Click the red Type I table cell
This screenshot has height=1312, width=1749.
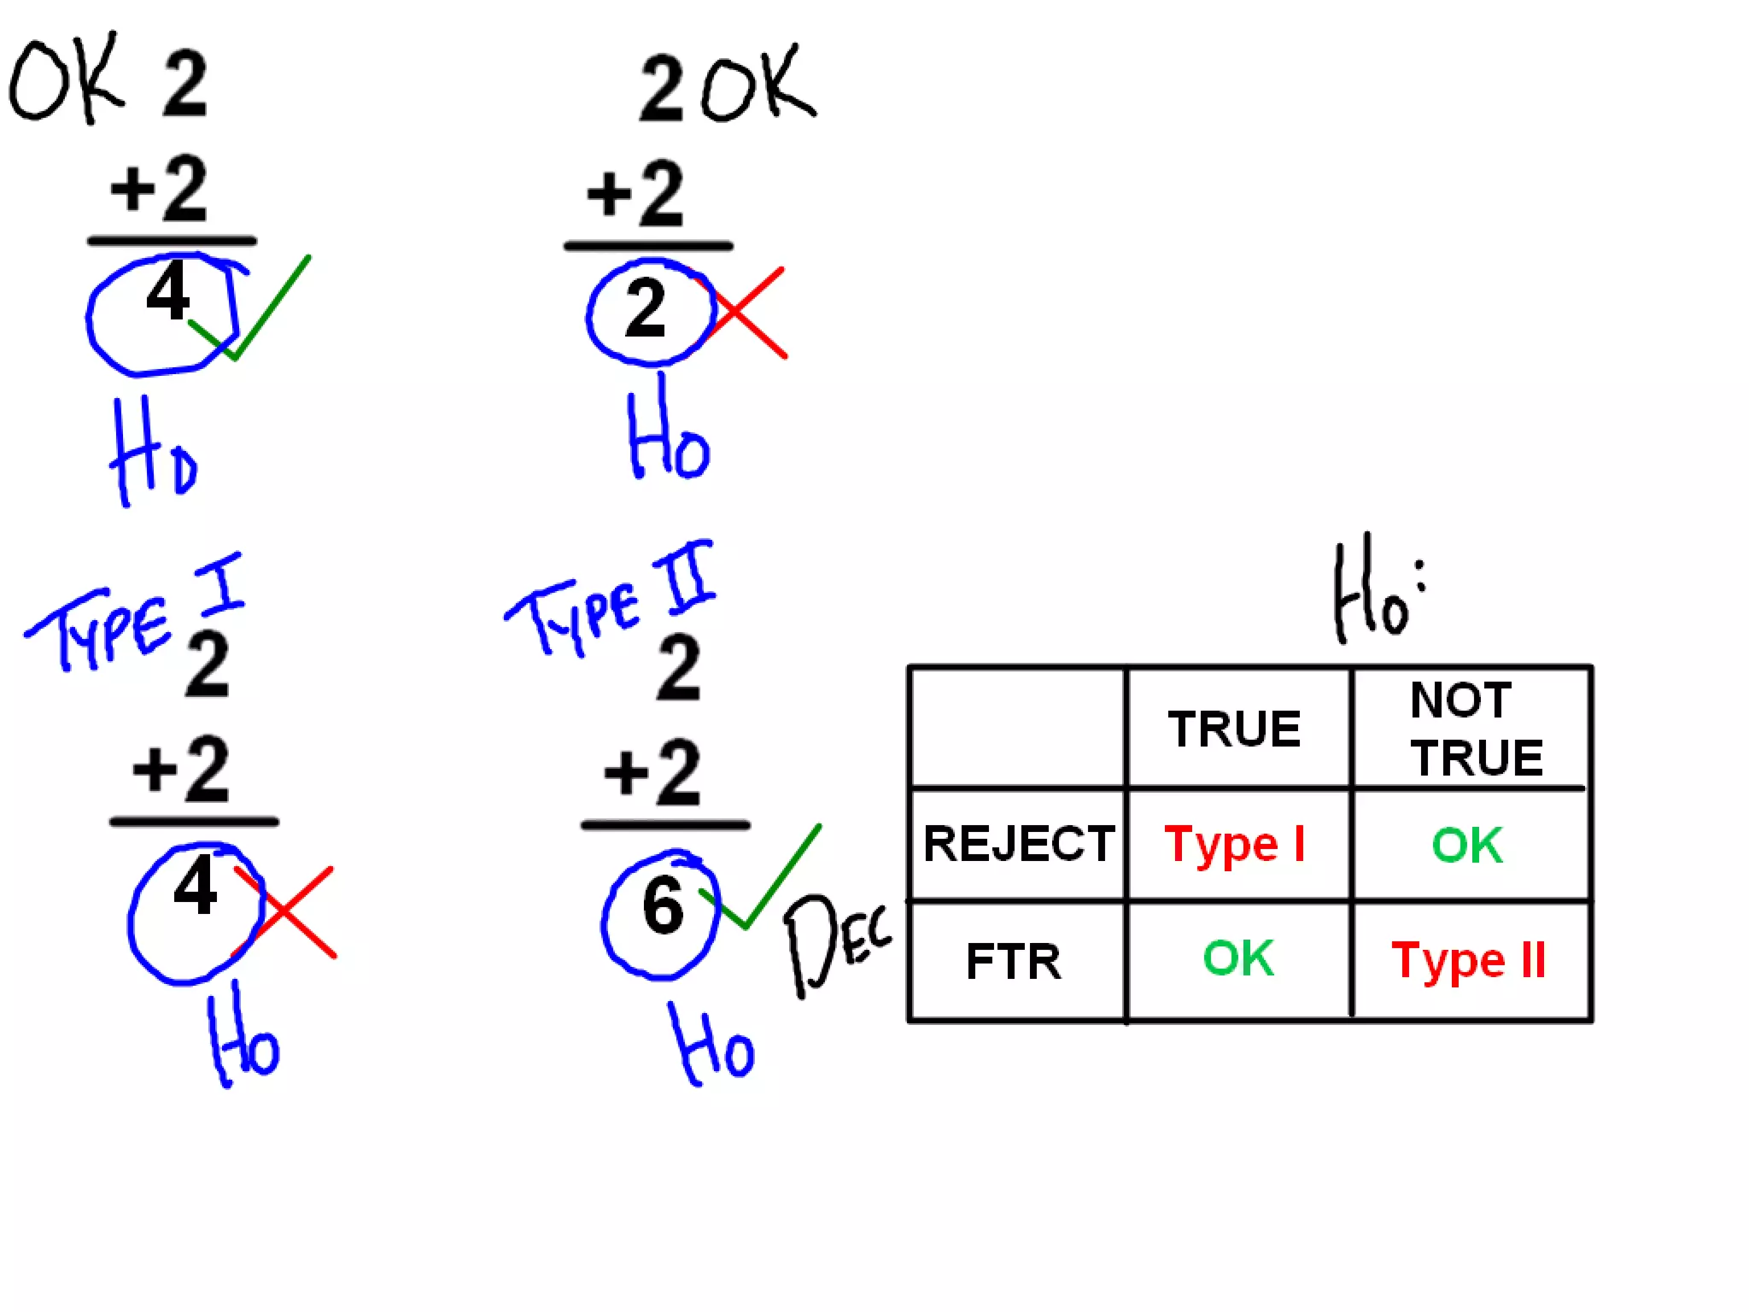tap(1235, 845)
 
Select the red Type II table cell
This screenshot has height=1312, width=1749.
tap(1469, 960)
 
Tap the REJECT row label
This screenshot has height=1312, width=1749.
tap(1019, 844)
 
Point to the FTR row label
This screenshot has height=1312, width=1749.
tap(1014, 961)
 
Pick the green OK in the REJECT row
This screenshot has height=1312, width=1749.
tap(1467, 845)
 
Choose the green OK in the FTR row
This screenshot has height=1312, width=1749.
tap(1238, 958)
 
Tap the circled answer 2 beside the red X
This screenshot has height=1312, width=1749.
tap(646, 309)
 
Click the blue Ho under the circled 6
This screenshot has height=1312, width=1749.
tap(711, 1047)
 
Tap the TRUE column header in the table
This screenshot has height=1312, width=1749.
tap(1235, 729)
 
